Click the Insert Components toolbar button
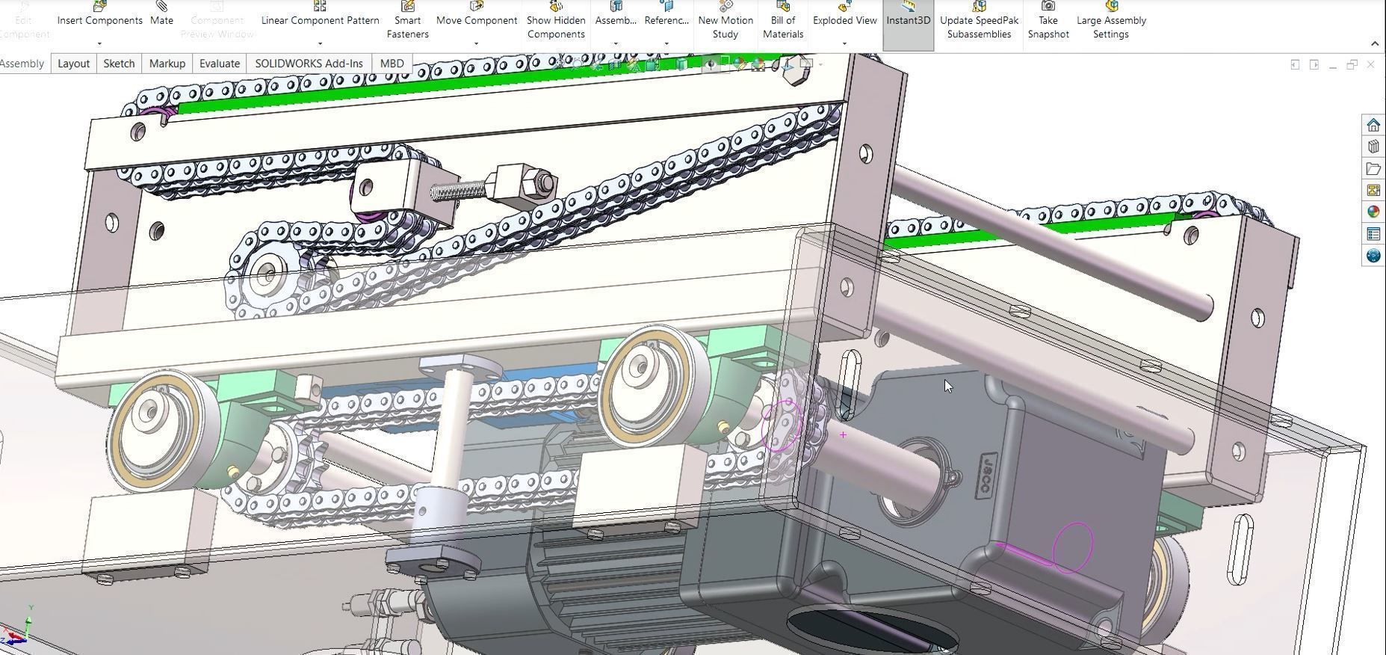click(99, 19)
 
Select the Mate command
click(161, 19)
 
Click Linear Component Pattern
click(320, 19)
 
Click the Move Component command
click(476, 19)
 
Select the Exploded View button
click(844, 19)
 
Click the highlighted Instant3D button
click(908, 19)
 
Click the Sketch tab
click(119, 64)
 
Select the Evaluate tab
click(219, 64)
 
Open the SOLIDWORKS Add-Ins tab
click(309, 64)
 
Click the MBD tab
click(392, 64)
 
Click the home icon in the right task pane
click(1373, 125)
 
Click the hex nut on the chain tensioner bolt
click(542, 183)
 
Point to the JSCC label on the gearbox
click(986, 474)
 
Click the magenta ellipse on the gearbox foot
click(1073, 547)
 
